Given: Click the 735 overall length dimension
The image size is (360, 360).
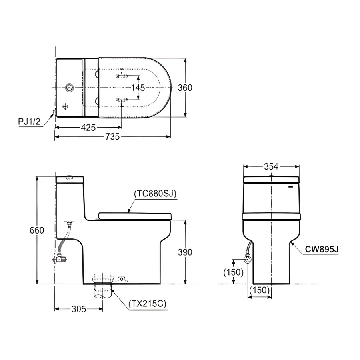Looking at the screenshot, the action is pos(112,137).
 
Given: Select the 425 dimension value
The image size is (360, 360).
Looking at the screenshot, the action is pos(88,128).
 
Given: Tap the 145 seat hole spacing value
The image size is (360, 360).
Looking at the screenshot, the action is pos(138,88).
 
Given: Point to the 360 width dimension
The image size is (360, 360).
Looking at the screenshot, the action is pos(185,88).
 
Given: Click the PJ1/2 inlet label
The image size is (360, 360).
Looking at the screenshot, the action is pos(29,122).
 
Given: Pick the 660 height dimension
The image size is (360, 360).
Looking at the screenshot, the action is pos(37,230).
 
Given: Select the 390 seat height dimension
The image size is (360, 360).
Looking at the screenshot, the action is pos(185,252).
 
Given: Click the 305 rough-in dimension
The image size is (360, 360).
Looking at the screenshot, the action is pos(79,309).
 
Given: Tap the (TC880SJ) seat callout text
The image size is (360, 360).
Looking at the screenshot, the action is pos(155,194).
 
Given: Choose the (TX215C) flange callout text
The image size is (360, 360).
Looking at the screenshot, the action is pos(147,304).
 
